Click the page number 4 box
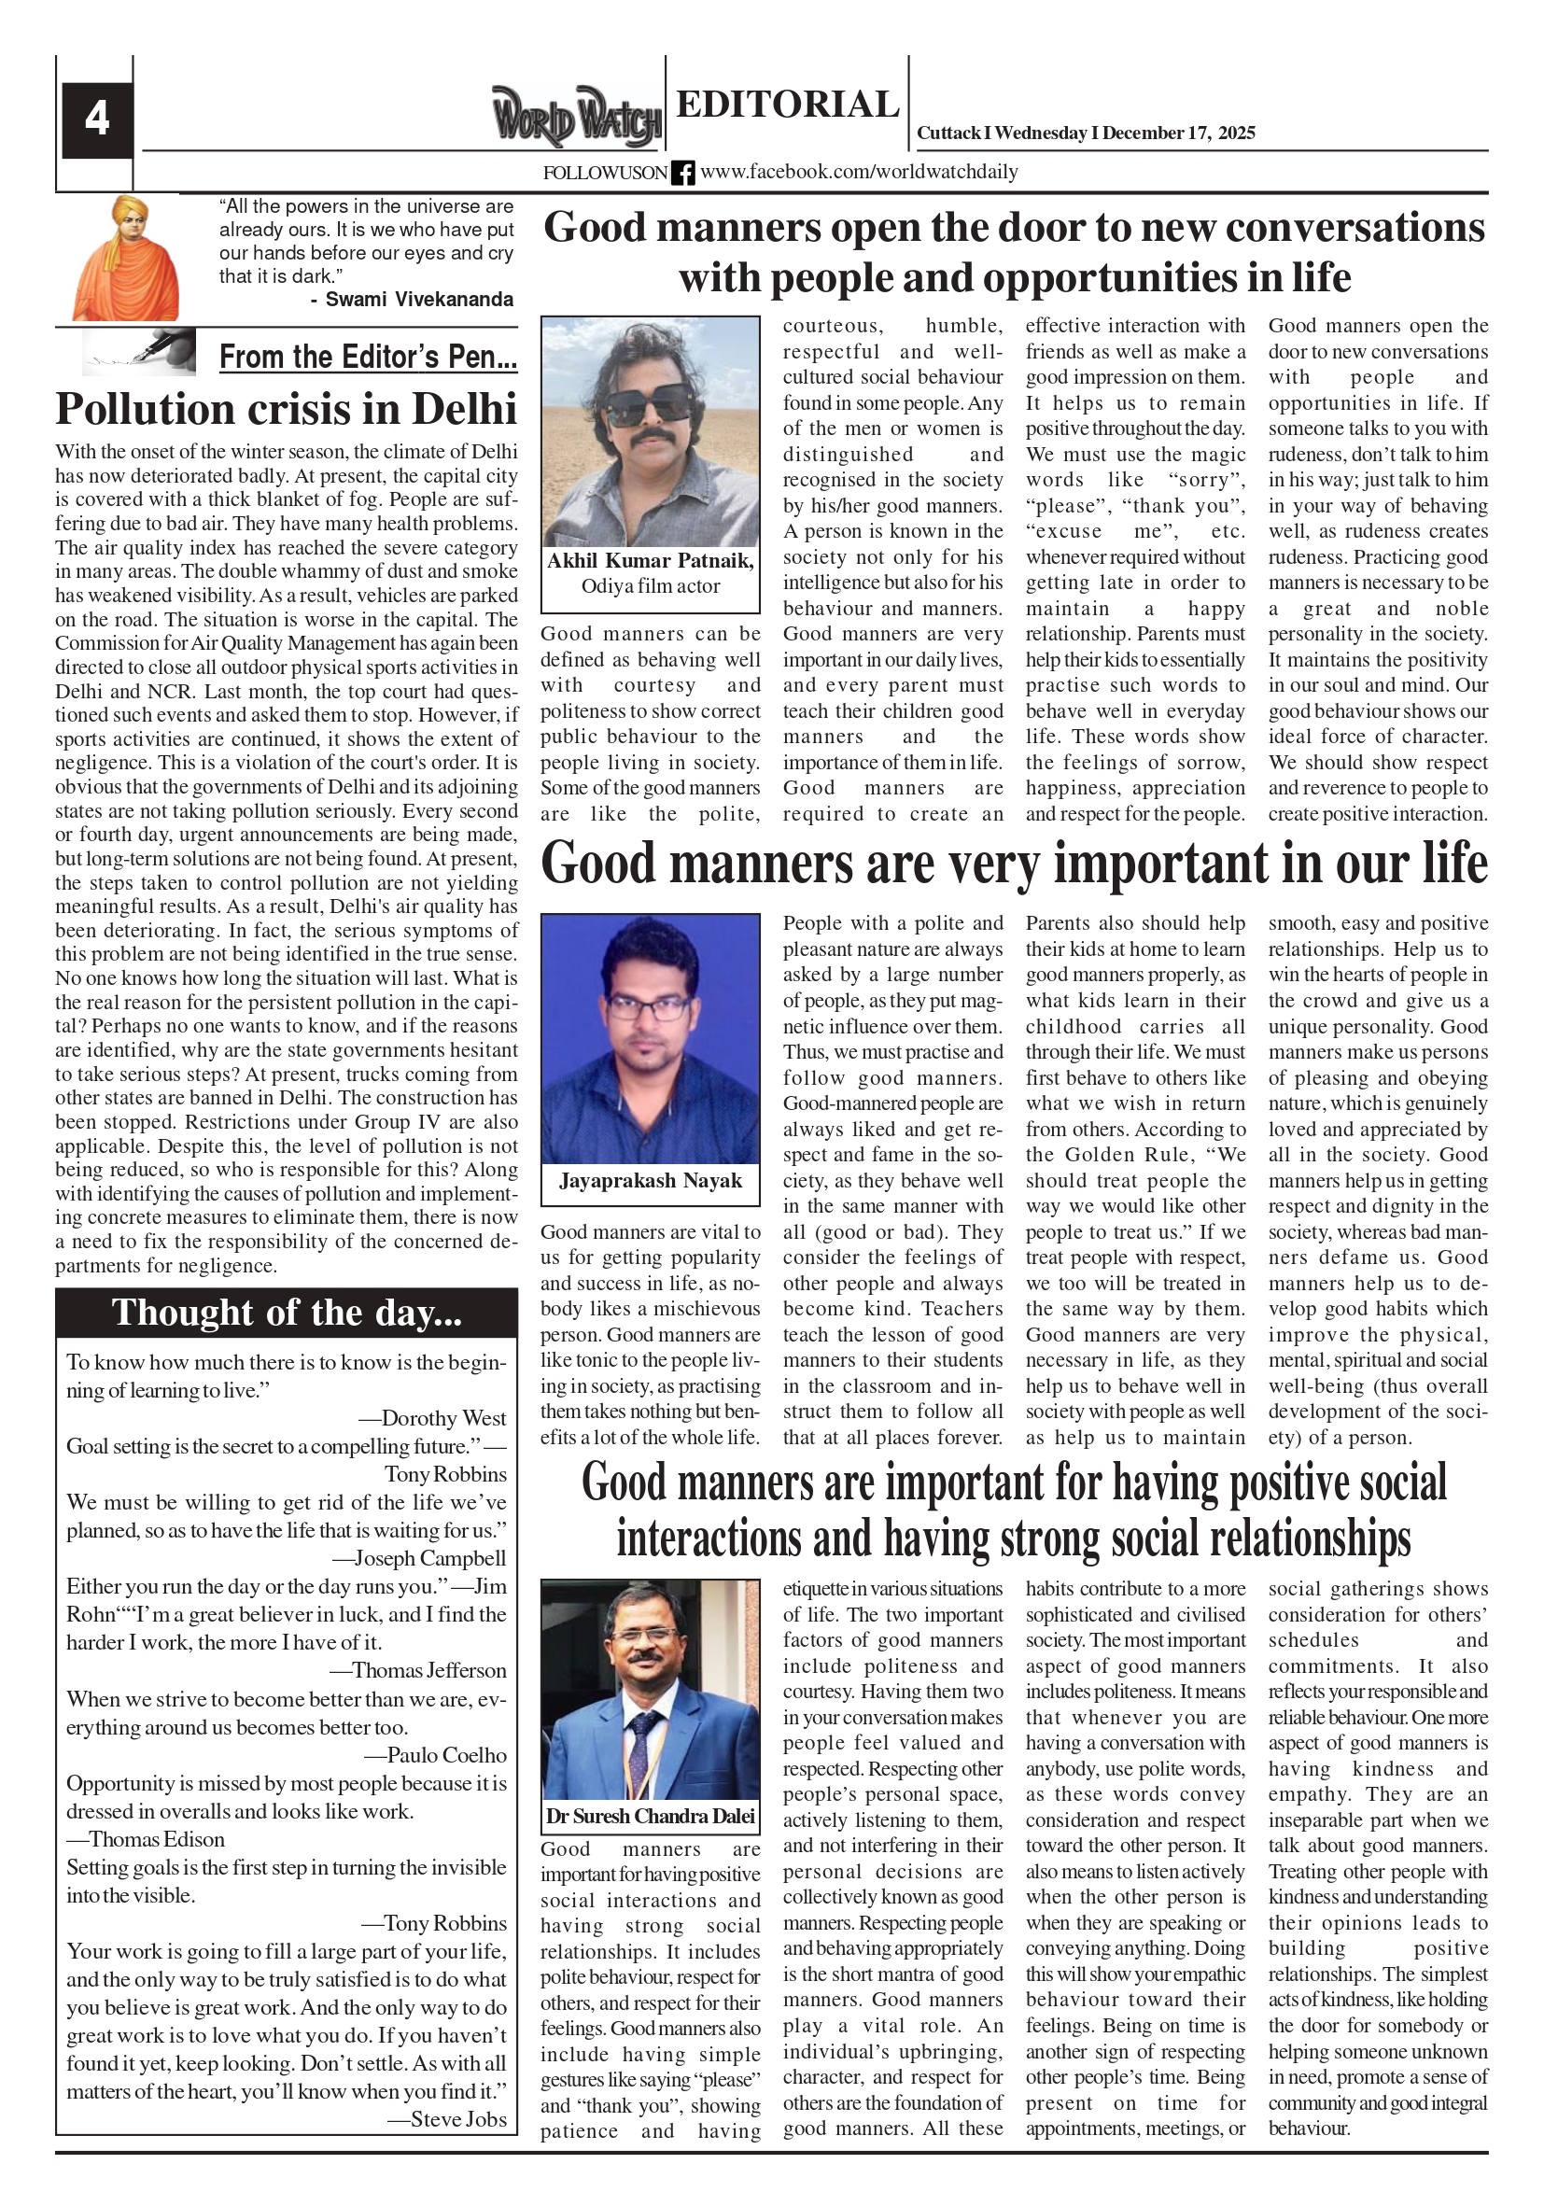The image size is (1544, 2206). pyautogui.click(x=97, y=119)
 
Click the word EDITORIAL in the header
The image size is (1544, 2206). pyautogui.click(x=787, y=104)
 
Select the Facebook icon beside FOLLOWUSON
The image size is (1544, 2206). pyautogui.click(x=682, y=173)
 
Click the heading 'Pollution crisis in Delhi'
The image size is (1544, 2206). pyautogui.click(x=287, y=408)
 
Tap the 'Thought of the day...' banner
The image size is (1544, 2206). pyautogui.click(x=287, y=1313)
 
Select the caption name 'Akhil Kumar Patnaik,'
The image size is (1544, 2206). pyautogui.click(x=651, y=561)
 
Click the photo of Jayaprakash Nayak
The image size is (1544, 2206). pyautogui.click(x=651, y=1038)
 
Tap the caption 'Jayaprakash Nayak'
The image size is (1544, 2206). pyautogui.click(x=651, y=1181)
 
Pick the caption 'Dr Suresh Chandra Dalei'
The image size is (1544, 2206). pyautogui.click(x=651, y=1816)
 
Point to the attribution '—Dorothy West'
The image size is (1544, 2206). pyautogui.click(x=432, y=1418)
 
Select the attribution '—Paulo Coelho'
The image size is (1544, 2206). pyautogui.click(x=435, y=1754)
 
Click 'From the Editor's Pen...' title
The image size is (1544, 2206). pyautogui.click(x=368, y=357)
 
